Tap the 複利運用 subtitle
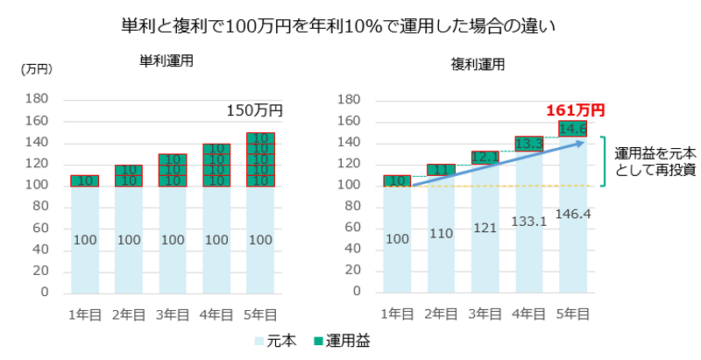[479, 64]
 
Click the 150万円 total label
[255, 110]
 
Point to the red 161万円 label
[575, 110]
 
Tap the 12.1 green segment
[485, 158]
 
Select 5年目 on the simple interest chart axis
[260, 314]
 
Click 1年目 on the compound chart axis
[398, 314]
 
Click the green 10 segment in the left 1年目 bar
[85, 180]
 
